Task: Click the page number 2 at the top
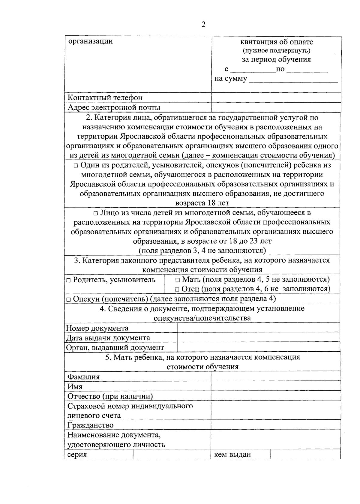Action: tap(203, 25)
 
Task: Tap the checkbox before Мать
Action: tap(178, 280)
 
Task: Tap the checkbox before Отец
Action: tap(177, 289)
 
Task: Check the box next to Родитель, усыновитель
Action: tap(68, 280)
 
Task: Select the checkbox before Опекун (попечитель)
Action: tap(68, 299)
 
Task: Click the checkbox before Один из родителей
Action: tap(76, 165)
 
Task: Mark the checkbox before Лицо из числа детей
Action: tap(95, 213)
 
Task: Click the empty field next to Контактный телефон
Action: tap(276, 98)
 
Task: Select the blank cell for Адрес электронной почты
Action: tap(276, 107)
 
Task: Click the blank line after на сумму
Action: tap(293, 80)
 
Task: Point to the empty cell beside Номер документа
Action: tap(258, 328)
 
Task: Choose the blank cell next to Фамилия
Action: tap(276, 377)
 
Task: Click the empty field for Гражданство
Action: tap(276, 425)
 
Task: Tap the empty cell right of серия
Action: tap(172, 454)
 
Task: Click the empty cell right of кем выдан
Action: tap(305, 454)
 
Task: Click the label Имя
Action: tap(75, 387)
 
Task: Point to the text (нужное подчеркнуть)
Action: tap(276, 50)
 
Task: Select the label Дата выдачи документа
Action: tap(108, 338)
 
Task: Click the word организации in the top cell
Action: tap(90, 41)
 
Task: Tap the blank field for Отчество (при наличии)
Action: tap(276, 396)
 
